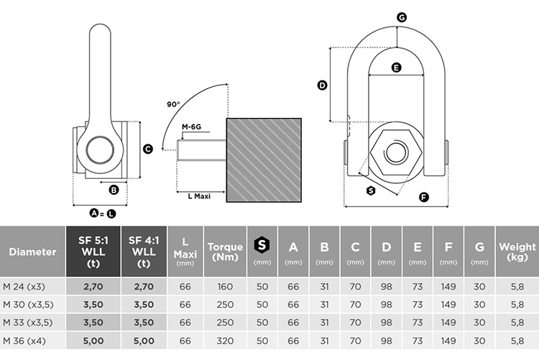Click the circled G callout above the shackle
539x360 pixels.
[402, 17]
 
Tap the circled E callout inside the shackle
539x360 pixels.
[396, 68]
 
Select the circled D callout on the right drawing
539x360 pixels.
[322, 85]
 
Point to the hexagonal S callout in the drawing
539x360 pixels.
[371, 190]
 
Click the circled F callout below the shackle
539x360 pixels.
[424, 197]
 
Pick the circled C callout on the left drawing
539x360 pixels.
[148, 149]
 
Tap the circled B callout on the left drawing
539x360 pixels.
[114, 190]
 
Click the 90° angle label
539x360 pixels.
[173, 104]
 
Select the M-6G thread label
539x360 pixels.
[191, 127]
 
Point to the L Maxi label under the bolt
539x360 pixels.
[199, 196]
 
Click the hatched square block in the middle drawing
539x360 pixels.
[264, 160]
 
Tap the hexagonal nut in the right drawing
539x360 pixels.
[396, 152]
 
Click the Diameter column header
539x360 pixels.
[32, 251]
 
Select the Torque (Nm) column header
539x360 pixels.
[225, 251]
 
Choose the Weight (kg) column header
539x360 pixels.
[517, 251]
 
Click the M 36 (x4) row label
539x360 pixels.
[24, 341]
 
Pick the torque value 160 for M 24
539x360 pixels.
[225, 287]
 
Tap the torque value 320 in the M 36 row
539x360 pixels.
[225, 341]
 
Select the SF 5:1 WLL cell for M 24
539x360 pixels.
[93, 287]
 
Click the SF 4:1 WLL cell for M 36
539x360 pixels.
[144, 341]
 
